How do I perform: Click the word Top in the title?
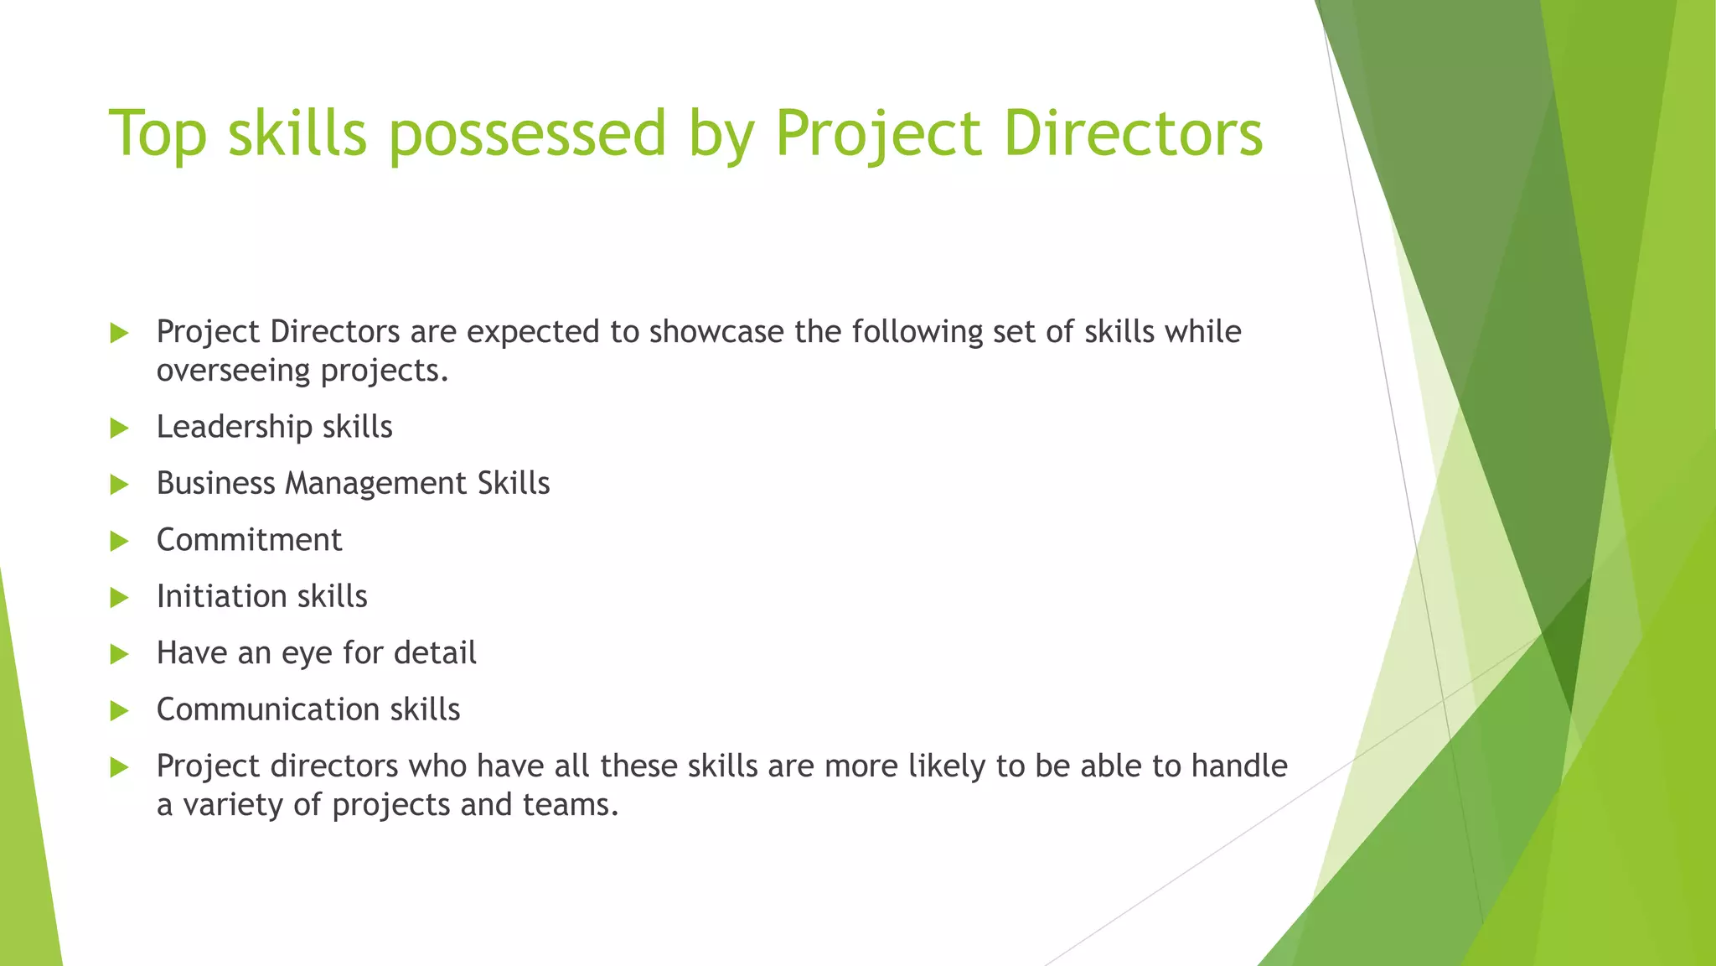pyautogui.click(x=158, y=133)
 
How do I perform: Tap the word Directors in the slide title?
pyautogui.click(x=1133, y=133)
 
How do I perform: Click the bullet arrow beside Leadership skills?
pyautogui.click(x=119, y=428)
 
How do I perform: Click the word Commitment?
pyautogui.click(x=249, y=540)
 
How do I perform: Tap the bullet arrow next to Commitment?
pyautogui.click(x=119, y=541)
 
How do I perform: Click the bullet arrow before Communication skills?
pyautogui.click(x=119, y=711)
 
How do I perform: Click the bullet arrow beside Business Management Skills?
pyautogui.click(x=119, y=485)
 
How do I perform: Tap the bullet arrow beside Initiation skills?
pyautogui.click(x=119, y=598)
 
